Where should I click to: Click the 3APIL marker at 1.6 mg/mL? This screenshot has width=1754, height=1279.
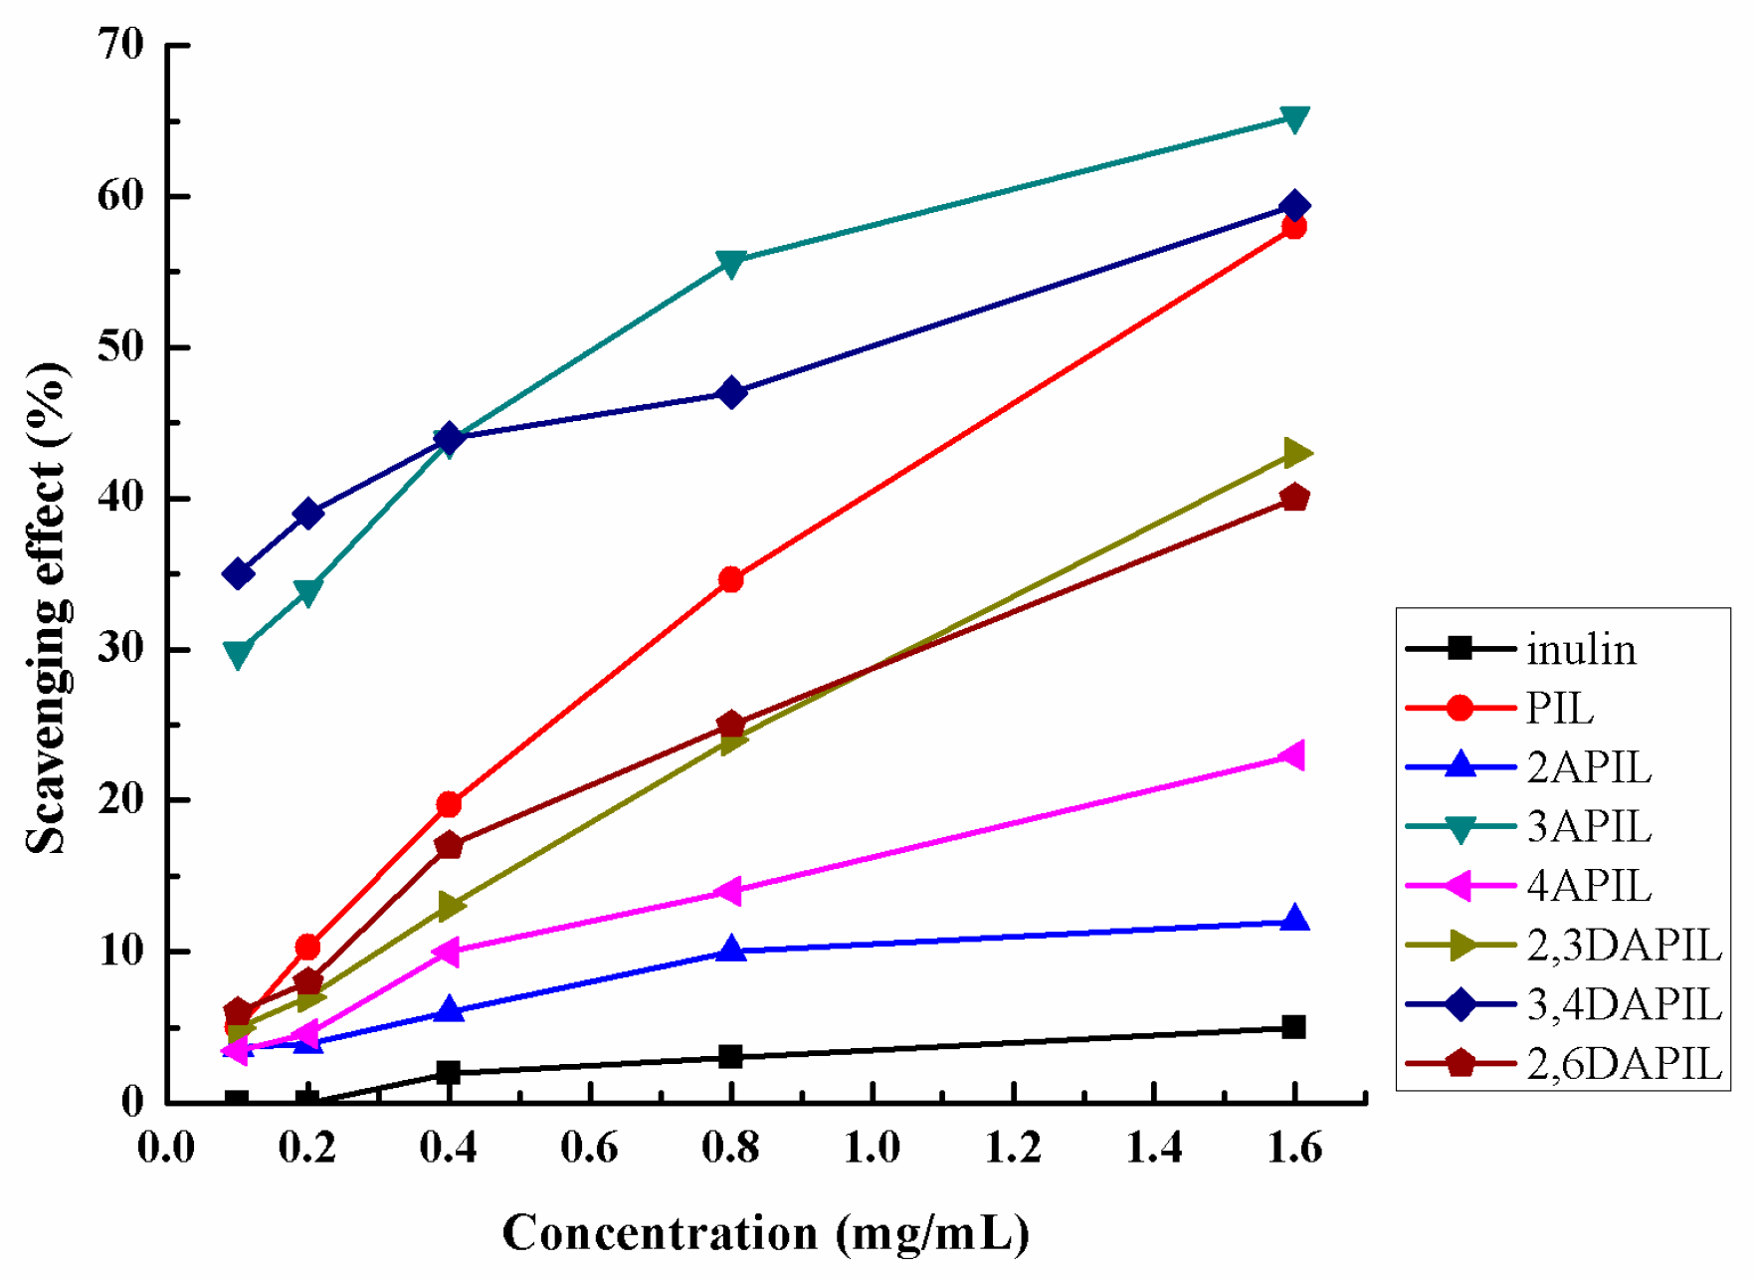(x=1293, y=119)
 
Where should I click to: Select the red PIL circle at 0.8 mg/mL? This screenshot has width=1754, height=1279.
(x=730, y=579)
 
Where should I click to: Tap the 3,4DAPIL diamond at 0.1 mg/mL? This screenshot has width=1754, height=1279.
(x=237, y=574)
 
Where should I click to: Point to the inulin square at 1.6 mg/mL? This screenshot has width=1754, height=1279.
(x=1293, y=1027)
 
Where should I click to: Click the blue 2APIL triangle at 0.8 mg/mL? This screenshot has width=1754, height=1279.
(x=730, y=950)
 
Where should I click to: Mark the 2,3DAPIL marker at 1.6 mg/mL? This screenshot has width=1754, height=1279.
(x=1295, y=453)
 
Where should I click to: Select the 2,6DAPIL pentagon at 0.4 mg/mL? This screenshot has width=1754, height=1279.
(x=449, y=845)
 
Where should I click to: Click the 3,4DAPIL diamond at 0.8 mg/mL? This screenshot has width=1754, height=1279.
(x=730, y=392)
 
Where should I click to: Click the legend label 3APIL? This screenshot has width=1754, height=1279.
(x=1589, y=827)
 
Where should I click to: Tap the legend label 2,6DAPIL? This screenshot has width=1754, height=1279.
(x=1624, y=1064)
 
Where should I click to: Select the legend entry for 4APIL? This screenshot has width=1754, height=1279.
(x=1589, y=886)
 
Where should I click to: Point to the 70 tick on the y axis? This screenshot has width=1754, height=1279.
(x=120, y=45)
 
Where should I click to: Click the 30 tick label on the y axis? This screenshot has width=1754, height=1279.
(x=120, y=649)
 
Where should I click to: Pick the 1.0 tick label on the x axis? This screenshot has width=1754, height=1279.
(x=872, y=1148)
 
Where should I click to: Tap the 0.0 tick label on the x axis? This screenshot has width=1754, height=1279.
(x=166, y=1148)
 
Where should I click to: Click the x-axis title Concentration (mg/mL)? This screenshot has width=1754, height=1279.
(x=765, y=1233)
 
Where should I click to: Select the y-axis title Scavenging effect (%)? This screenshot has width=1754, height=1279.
(x=47, y=607)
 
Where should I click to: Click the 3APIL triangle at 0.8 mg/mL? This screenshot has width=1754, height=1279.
(x=730, y=264)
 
